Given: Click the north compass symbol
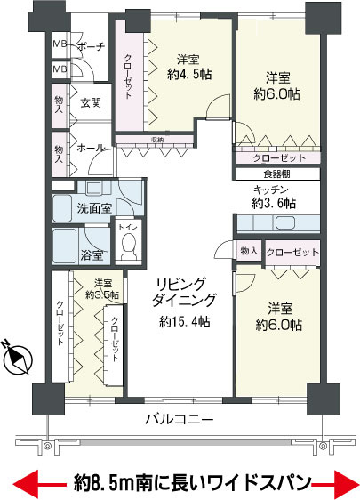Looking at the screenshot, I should pyautogui.click(x=19, y=358).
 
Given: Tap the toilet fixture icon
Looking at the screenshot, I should pyautogui.click(x=127, y=242).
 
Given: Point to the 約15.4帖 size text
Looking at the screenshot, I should pyautogui.click(x=185, y=320).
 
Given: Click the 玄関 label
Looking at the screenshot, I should pyautogui.click(x=91, y=102).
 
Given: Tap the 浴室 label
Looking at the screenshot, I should pyautogui.click(x=92, y=255).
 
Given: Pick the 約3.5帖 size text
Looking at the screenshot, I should pyautogui.click(x=101, y=294).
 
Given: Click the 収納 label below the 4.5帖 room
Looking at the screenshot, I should pyautogui.click(x=156, y=138).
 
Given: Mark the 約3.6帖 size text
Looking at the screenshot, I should pyautogui.click(x=273, y=203).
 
